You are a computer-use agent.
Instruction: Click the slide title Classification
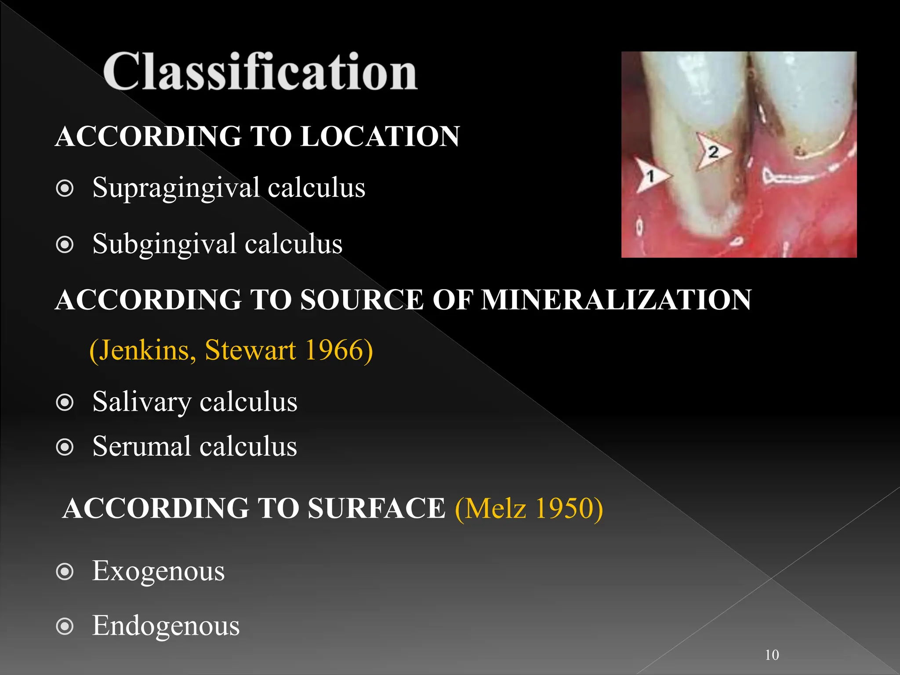[260, 71]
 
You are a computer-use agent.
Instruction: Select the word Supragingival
[176, 188]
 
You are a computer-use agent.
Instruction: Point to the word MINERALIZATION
[616, 300]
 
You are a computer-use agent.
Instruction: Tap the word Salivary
[142, 402]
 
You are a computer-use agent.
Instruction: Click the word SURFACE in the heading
[377, 508]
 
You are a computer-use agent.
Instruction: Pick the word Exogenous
[158, 571]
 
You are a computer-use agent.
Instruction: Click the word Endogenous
[166, 626]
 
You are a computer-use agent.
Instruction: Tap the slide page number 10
[772, 655]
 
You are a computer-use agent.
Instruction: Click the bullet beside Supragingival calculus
[65, 189]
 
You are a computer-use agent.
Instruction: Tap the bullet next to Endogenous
[65, 627]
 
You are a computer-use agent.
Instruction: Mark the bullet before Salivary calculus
[65, 403]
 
